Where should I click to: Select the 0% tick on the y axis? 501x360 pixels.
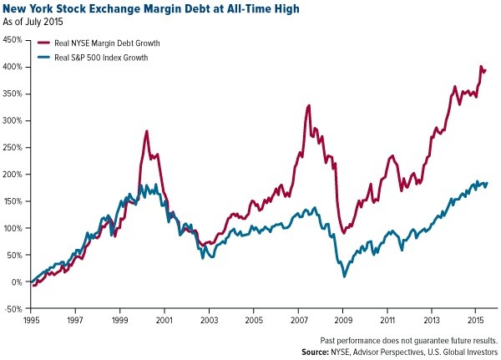point(17,282)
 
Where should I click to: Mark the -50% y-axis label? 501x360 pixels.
point(13,309)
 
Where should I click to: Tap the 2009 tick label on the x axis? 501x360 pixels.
point(342,320)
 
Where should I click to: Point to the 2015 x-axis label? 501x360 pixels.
point(475,320)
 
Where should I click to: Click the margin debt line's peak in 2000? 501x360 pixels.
point(147,131)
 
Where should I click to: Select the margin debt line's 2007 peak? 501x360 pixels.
point(309,105)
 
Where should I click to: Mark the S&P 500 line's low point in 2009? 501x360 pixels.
point(344,276)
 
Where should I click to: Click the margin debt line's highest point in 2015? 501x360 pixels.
point(480,66)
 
